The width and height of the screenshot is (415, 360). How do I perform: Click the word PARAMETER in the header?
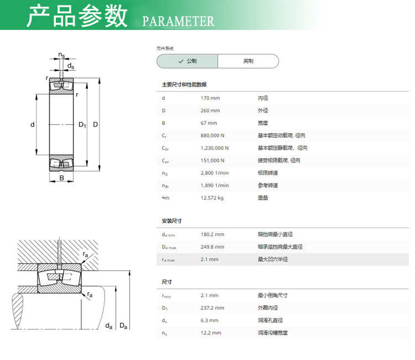click(x=178, y=22)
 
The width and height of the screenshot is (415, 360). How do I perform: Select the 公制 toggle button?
click(x=188, y=61)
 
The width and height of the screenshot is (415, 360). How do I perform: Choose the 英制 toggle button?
click(x=248, y=61)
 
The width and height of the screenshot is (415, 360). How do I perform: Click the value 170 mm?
click(x=210, y=98)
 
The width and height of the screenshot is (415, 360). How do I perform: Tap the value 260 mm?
click(x=210, y=110)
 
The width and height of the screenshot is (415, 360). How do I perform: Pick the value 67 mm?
click(x=209, y=123)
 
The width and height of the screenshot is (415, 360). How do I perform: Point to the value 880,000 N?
click(x=212, y=135)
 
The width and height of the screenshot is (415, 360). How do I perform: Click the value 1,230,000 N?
click(x=215, y=148)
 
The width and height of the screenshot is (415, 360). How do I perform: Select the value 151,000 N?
click(x=212, y=160)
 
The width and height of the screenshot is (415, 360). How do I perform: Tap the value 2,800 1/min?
click(x=215, y=173)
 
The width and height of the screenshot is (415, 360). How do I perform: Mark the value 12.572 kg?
click(x=212, y=198)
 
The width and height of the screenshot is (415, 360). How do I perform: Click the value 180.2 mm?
click(x=212, y=234)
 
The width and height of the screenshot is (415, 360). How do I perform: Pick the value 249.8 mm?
click(x=212, y=247)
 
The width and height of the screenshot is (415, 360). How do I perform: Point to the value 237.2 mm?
click(x=212, y=308)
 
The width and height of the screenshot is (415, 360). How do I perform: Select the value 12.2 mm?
click(x=211, y=333)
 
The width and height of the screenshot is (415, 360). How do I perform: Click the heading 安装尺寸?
click(x=172, y=221)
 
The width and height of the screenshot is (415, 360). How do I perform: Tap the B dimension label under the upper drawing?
click(x=61, y=178)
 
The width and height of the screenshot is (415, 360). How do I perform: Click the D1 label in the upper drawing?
click(x=82, y=125)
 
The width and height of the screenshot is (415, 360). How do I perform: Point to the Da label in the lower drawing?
click(x=123, y=326)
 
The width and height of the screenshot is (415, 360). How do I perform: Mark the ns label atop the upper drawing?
click(x=61, y=55)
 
